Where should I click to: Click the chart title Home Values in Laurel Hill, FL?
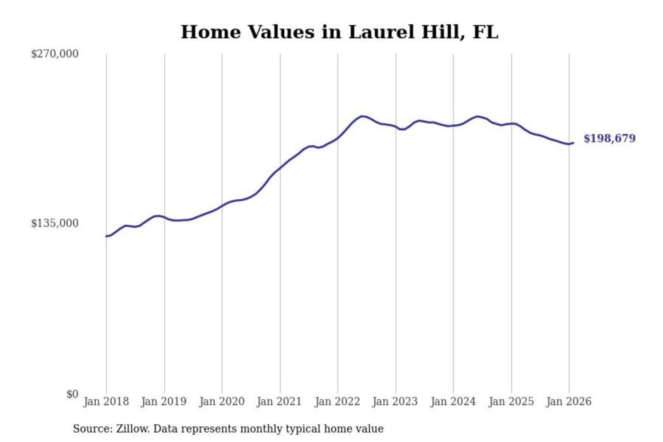pos(339,32)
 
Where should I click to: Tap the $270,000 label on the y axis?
pos(55,54)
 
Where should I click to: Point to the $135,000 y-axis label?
pos(55,223)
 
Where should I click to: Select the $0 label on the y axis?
pos(72,394)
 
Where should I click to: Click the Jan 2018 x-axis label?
pos(106,401)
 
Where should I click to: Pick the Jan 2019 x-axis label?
pos(163,401)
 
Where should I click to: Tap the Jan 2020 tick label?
pos(221,401)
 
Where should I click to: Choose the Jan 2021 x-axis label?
pos(279,401)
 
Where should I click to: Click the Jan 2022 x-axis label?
pos(337,401)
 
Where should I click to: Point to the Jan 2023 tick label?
pos(395,401)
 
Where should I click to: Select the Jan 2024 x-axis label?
pos(453,401)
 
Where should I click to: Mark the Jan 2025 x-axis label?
pos(511,401)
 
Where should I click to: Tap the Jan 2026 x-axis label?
pos(568,401)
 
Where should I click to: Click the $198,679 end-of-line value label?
pos(609,139)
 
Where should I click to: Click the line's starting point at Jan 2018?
pos(106,236)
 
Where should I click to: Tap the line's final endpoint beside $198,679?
pos(573,143)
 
